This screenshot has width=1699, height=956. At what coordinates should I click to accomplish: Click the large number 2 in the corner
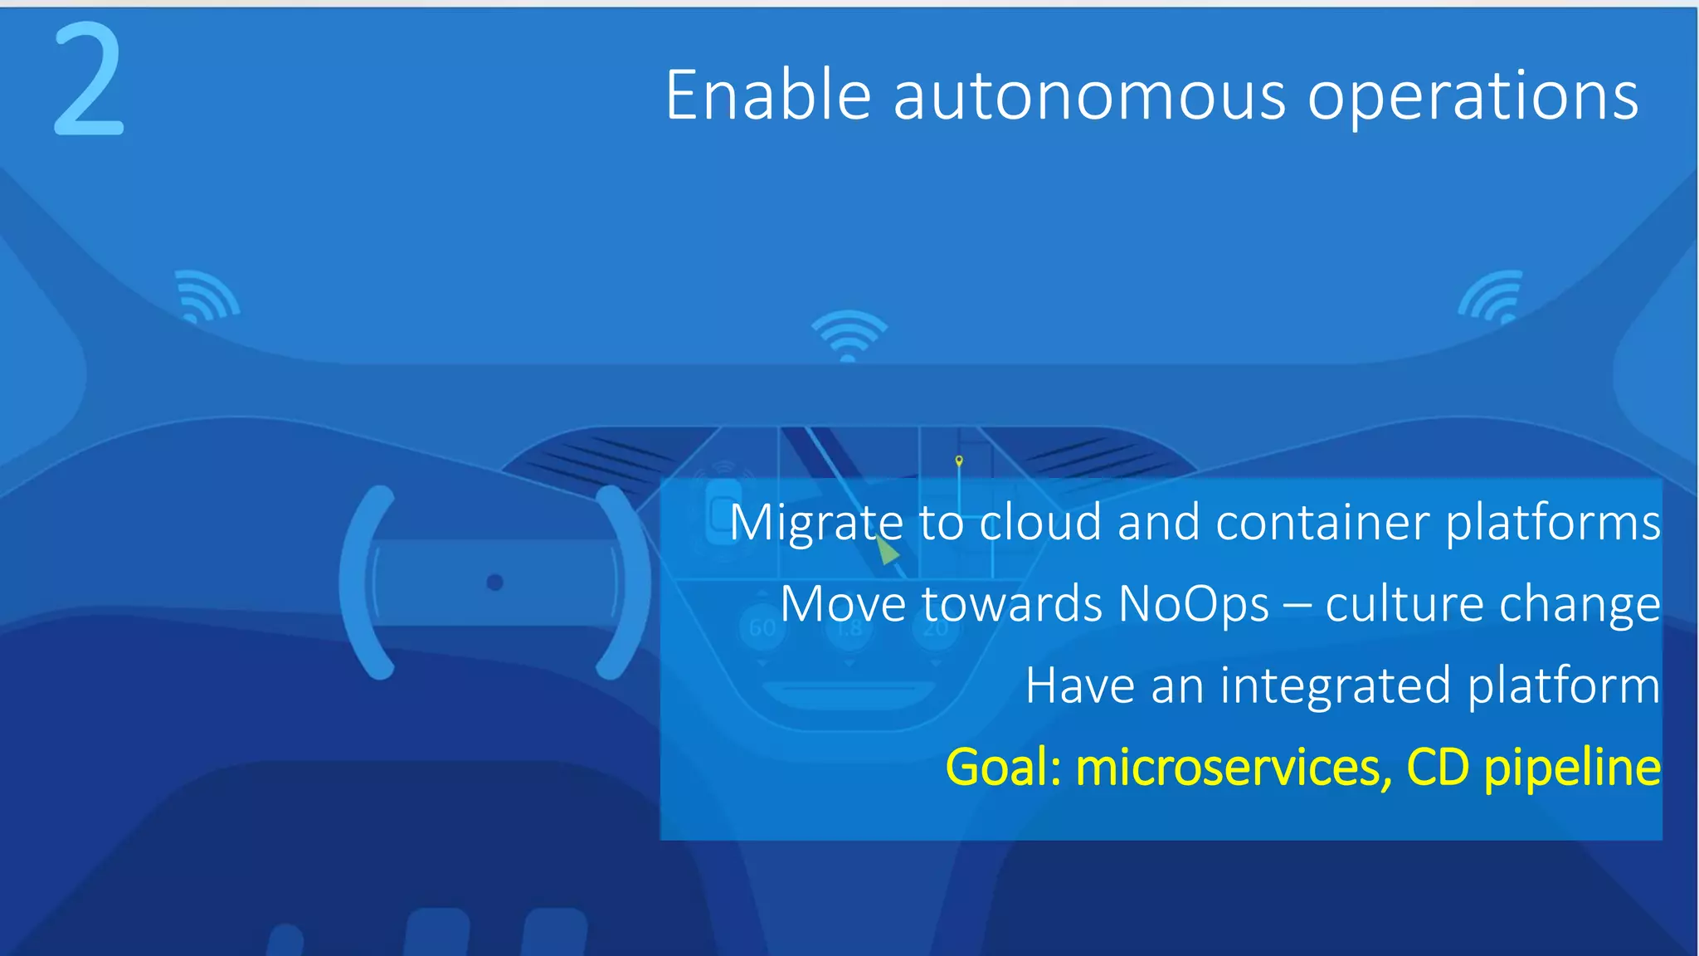[89, 80]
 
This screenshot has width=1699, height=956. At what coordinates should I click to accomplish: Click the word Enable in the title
[767, 96]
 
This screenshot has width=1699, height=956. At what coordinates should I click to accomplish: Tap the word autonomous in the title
[1089, 96]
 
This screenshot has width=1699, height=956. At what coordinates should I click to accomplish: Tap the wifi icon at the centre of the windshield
[849, 336]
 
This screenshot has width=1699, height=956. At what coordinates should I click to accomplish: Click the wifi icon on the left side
[207, 296]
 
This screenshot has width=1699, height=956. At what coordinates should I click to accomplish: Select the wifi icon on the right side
[1492, 296]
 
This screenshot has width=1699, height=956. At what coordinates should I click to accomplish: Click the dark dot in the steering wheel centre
[494, 583]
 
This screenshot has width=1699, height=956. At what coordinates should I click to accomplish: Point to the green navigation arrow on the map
[887, 549]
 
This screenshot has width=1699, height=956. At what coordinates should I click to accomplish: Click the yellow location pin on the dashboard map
[959, 460]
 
